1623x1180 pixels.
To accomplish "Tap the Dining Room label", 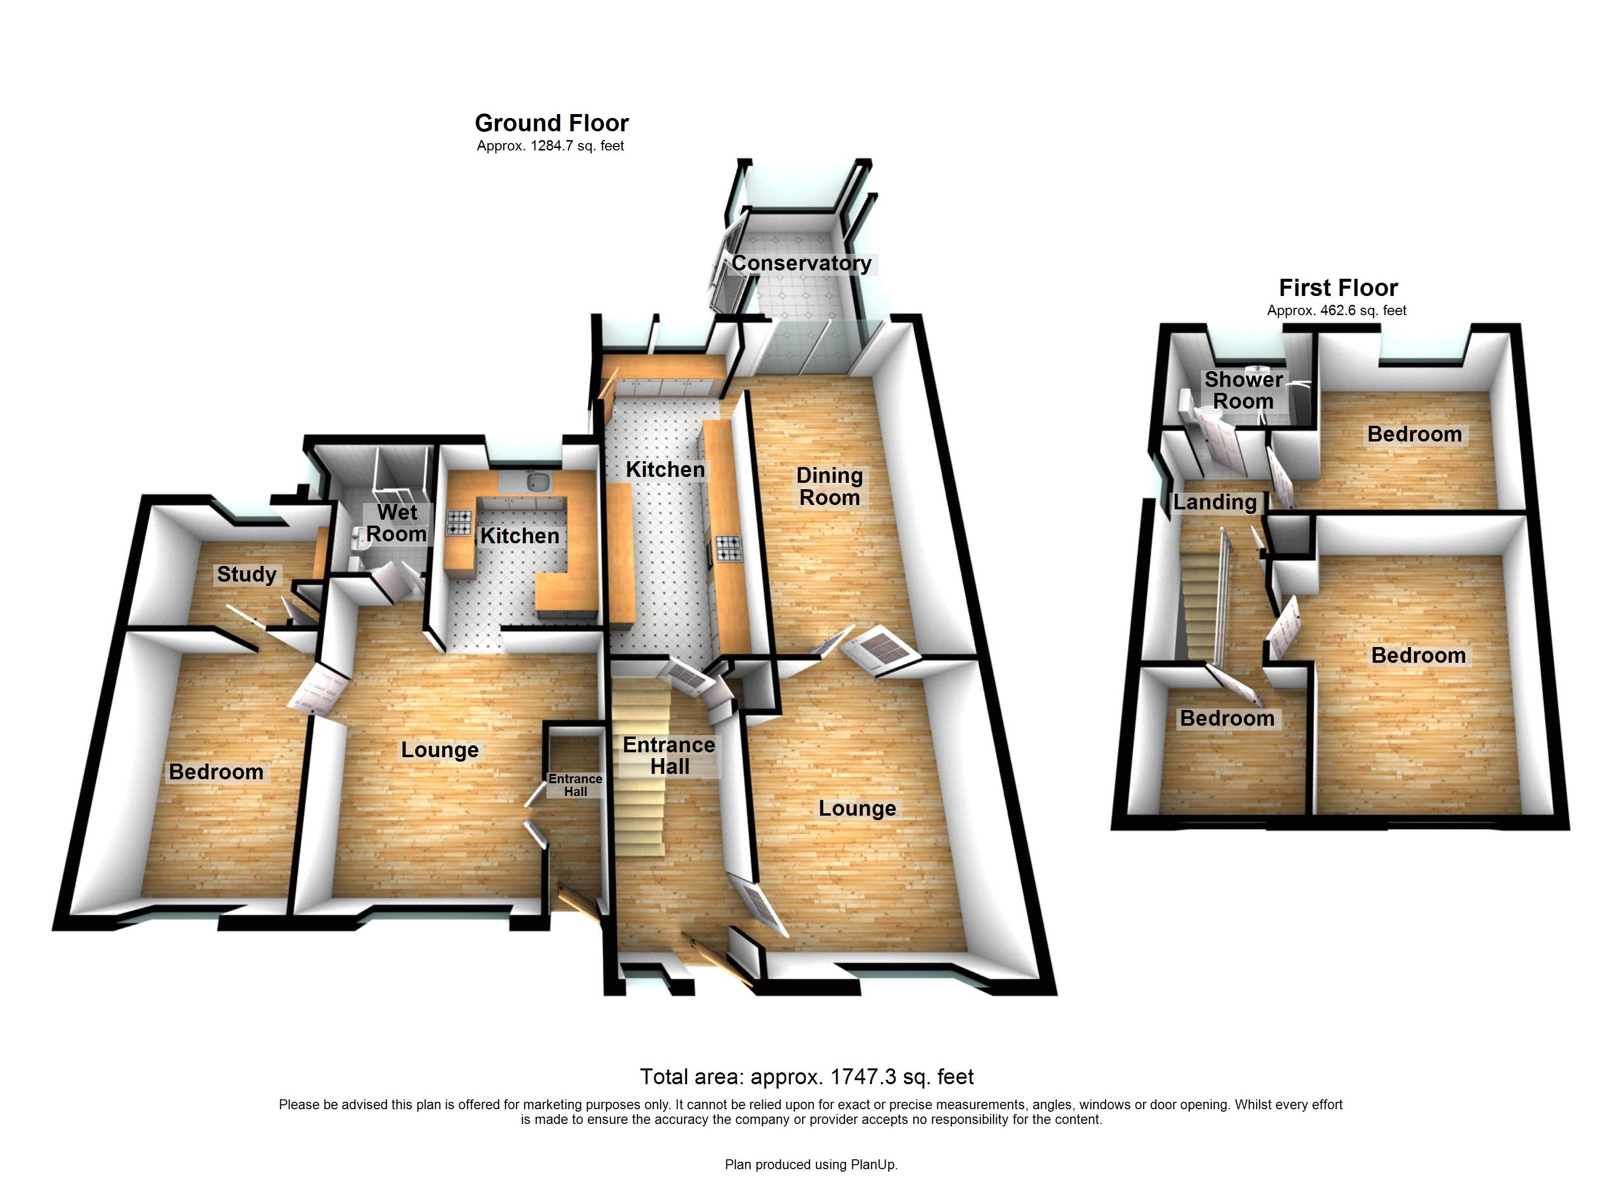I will pos(829,487).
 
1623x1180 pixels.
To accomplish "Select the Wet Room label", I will pos(396,523).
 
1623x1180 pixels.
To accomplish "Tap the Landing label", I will pos(1214,502).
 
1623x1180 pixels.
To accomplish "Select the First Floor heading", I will pos(1337,288).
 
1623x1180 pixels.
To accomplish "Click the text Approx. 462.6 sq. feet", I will pos(1336,311).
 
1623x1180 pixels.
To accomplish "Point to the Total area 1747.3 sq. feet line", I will pos(807,1077).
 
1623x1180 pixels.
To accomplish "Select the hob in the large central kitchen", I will pos(728,548).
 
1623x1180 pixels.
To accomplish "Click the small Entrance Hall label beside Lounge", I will pos(575,785).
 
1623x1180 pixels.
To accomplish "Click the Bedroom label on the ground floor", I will pos(216,772).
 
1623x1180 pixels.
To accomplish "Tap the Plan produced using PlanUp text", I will pos(811,1165).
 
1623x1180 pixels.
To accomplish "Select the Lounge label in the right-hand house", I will pos(857,809).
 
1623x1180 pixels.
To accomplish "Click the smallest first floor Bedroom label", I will pos(1227,718).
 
